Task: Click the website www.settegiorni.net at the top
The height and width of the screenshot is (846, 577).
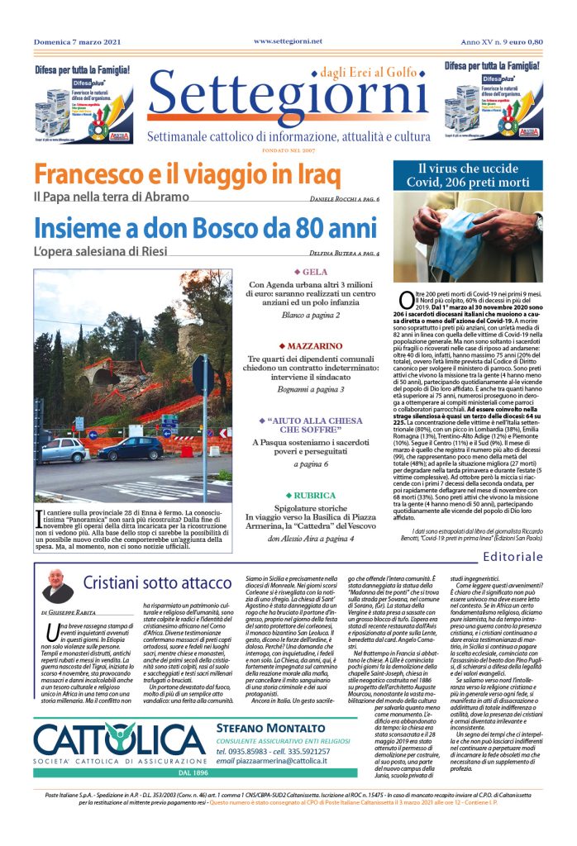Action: [288, 40]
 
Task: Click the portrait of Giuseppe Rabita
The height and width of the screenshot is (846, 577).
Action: [58, 587]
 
